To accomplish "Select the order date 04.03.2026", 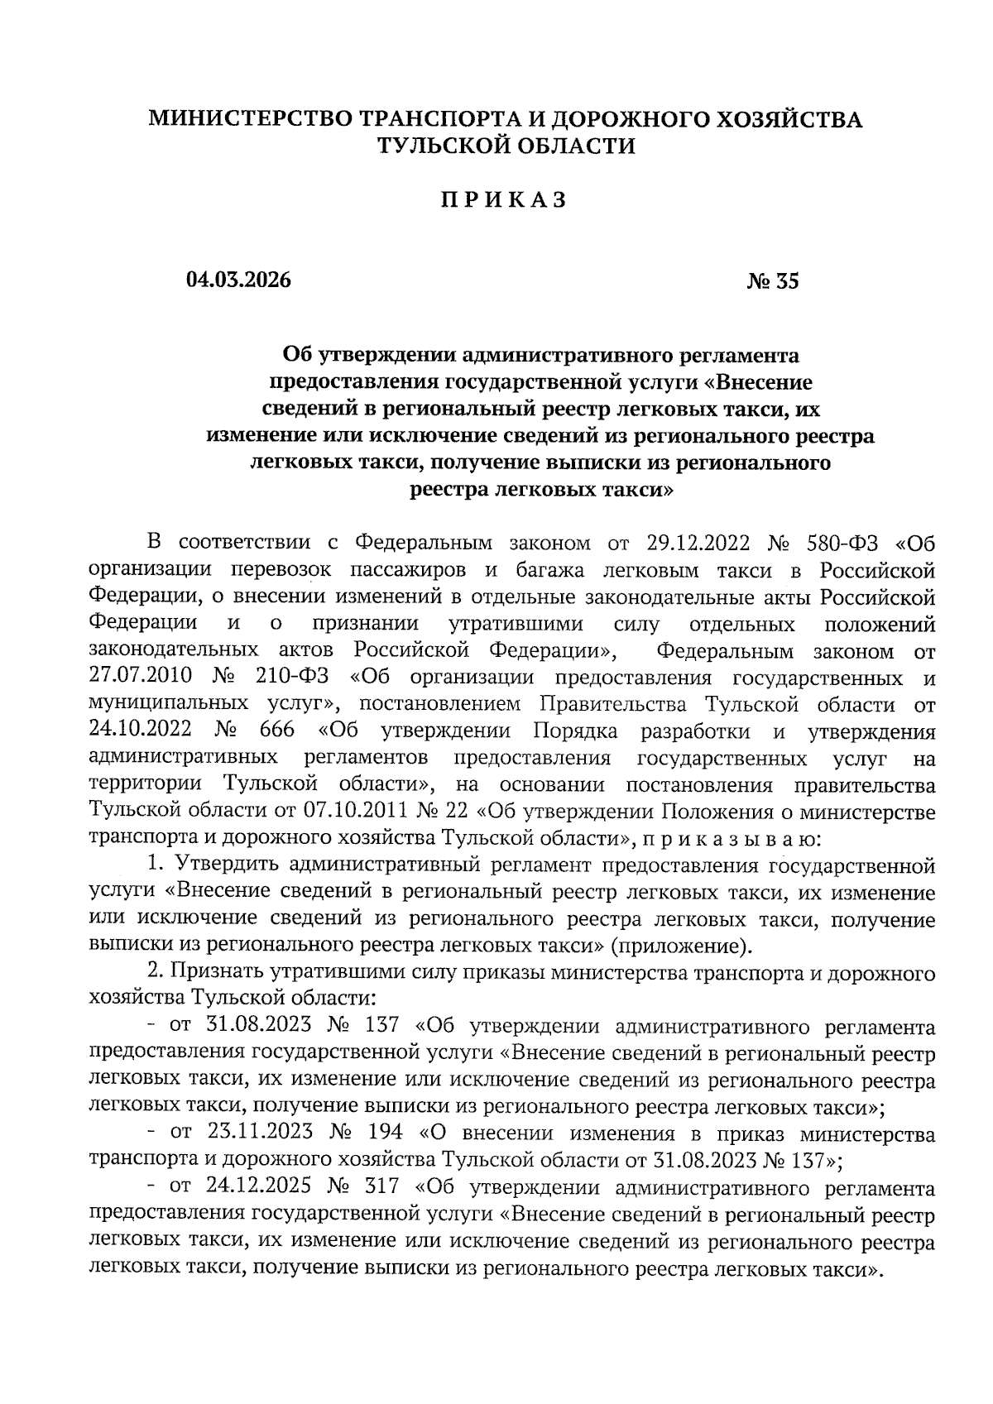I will click(x=239, y=281).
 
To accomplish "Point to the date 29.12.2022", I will click(x=695, y=544).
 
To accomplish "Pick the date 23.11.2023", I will click(x=257, y=1133).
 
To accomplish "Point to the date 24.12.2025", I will click(x=257, y=1187).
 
